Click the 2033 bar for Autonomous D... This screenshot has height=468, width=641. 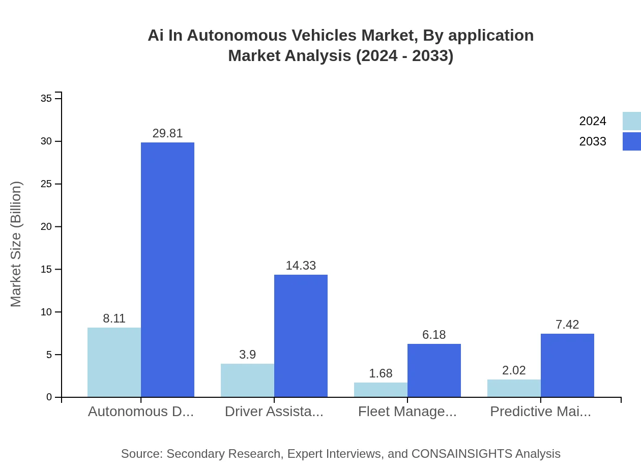pyautogui.click(x=167, y=270)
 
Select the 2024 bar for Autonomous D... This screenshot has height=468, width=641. pyautogui.click(x=114, y=362)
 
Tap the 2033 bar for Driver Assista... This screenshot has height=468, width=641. pyautogui.click(x=301, y=336)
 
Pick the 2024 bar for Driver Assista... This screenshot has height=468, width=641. pyautogui.click(x=247, y=380)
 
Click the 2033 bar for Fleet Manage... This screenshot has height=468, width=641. pyautogui.click(x=434, y=370)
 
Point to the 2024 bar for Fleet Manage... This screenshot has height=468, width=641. pyautogui.click(x=381, y=390)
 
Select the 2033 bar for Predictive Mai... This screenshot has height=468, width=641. pyautogui.click(x=567, y=365)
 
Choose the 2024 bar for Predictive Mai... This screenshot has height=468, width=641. pyautogui.click(x=514, y=388)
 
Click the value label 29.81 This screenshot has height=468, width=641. pyautogui.click(x=167, y=133)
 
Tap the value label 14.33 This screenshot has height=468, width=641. pyautogui.click(x=301, y=266)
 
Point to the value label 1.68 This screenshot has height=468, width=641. pyautogui.click(x=381, y=373)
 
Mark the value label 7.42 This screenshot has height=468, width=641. pyautogui.click(x=567, y=325)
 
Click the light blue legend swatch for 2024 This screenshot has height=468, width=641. pyautogui.click(x=631, y=121)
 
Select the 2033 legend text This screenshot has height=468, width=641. pyautogui.click(x=593, y=141)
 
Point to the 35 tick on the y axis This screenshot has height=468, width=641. pyautogui.click(x=46, y=98)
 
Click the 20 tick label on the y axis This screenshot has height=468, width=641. pyautogui.click(x=46, y=226)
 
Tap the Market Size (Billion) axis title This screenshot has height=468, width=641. pyautogui.click(x=16, y=244)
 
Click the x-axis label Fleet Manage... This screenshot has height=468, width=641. pyautogui.click(x=407, y=412)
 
